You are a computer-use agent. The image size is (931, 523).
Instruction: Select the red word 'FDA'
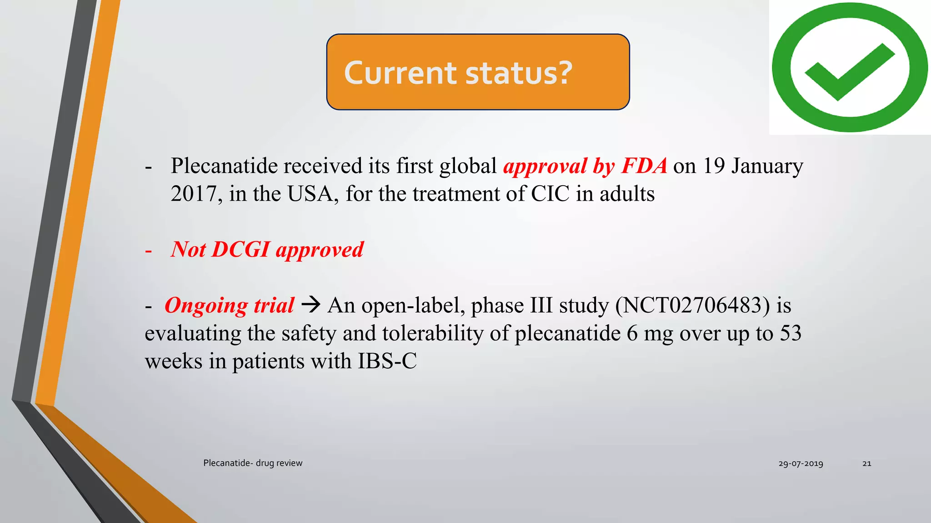[644, 166]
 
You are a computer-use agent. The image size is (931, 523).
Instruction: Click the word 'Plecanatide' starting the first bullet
[224, 166]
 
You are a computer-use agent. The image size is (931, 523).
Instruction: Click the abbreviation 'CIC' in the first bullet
[550, 194]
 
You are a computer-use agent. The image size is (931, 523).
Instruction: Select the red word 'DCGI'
[241, 249]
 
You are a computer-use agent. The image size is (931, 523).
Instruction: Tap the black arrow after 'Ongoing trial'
[311, 304]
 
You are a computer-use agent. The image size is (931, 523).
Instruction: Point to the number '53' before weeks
[791, 333]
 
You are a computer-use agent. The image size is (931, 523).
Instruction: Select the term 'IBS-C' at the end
[387, 361]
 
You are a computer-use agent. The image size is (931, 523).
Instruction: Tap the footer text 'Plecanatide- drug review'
[253, 463]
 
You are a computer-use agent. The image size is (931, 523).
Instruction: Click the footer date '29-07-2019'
[801, 464]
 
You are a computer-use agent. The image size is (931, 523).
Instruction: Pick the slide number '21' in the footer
[866, 464]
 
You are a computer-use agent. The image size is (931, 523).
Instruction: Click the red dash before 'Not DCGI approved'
[148, 251]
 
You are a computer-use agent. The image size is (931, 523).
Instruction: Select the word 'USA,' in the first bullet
[313, 194]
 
